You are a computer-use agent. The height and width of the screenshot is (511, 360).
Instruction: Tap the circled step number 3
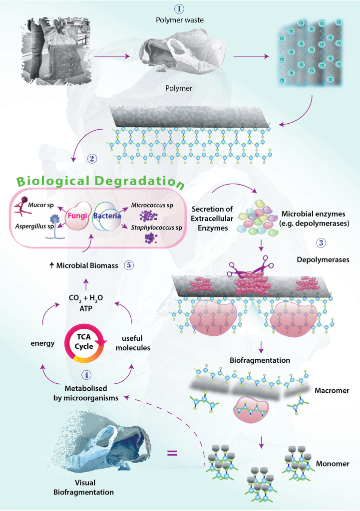(x=322, y=243)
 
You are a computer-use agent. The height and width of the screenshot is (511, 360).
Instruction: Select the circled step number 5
(x=129, y=265)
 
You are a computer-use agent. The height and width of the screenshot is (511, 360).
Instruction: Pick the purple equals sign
(x=172, y=454)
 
